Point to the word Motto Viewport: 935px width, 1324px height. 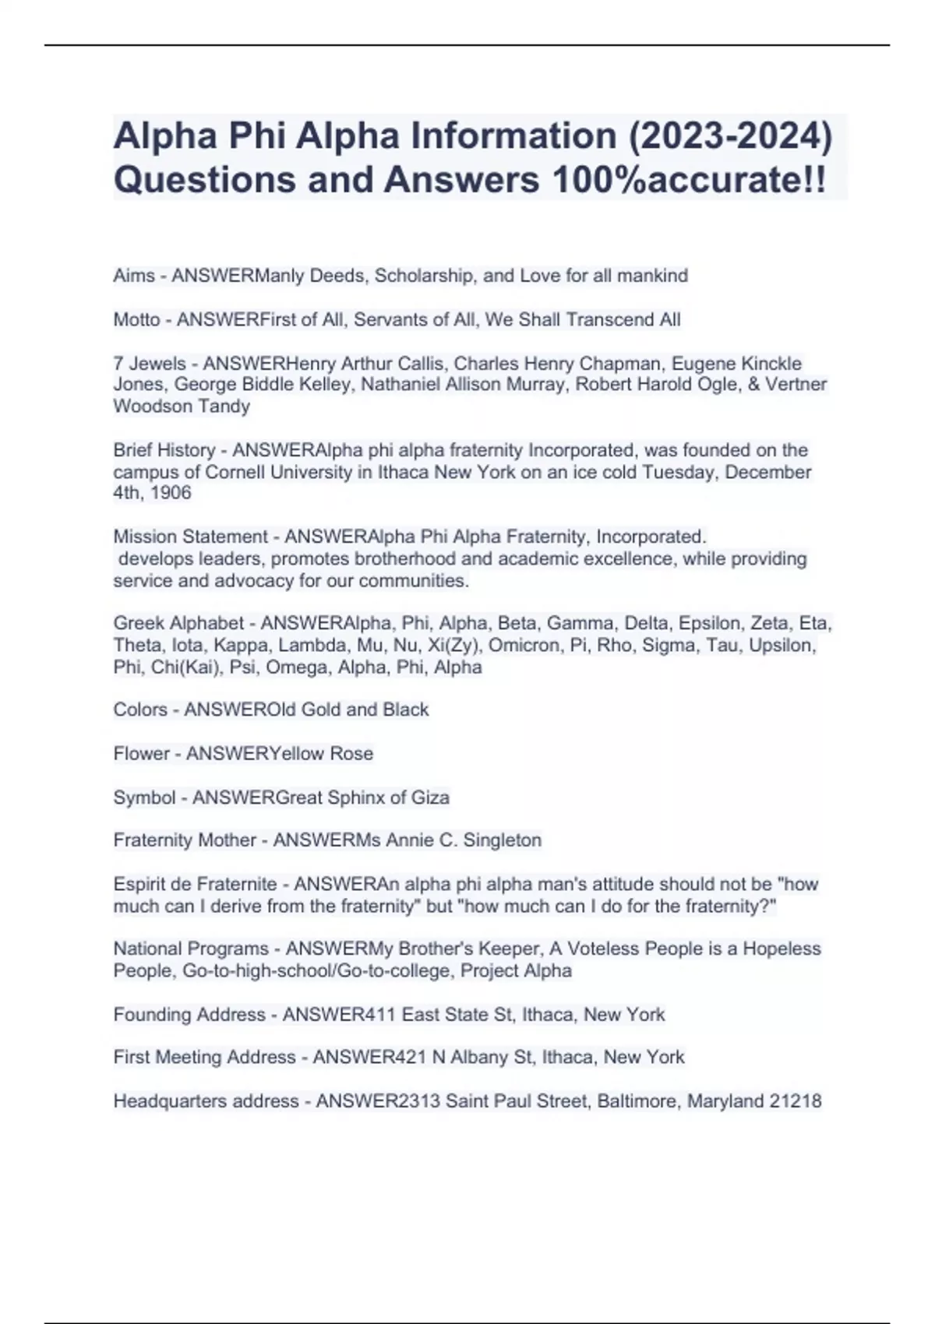click(x=136, y=319)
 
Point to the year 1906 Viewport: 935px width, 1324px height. click(x=171, y=493)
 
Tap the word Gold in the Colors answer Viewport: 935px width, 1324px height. click(x=320, y=710)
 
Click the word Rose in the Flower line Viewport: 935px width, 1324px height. click(x=351, y=753)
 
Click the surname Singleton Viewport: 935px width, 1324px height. click(x=503, y=840)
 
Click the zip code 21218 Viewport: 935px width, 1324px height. click(x=796, y=1101)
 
